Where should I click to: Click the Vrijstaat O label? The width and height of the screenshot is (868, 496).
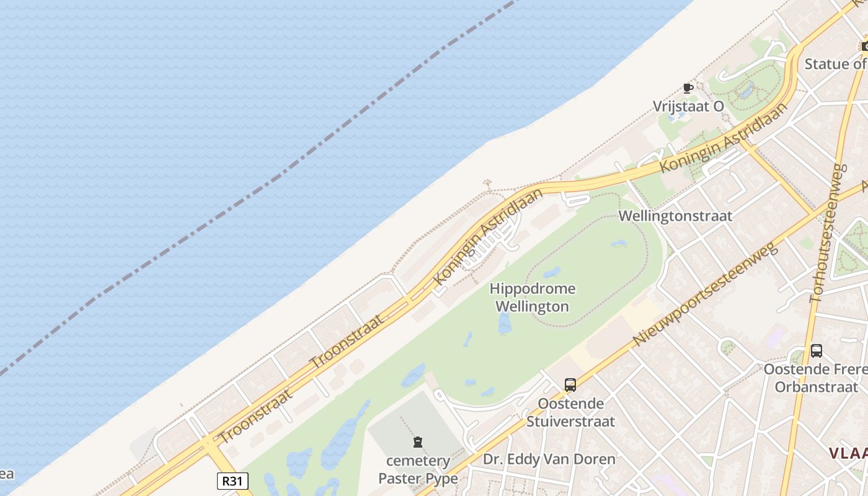[x=688, y=107]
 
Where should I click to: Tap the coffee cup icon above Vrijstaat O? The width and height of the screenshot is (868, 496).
[x=688, y=88]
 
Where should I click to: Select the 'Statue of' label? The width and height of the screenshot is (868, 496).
[x=835, y=64]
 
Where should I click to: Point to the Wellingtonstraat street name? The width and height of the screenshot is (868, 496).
[x=676, y=216]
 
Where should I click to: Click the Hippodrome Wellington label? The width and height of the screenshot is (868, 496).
[x=533, y=298]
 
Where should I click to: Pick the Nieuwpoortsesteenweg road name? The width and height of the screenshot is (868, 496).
[x=705, y=294]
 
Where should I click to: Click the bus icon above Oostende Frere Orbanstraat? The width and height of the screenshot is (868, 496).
[x=817, y=351]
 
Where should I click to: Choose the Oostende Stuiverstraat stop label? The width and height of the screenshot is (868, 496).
[x=570, y=412]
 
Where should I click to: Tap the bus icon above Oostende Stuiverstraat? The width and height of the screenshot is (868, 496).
[x=570, y=384]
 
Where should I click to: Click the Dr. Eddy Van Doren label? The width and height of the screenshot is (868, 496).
[x=549, y=459]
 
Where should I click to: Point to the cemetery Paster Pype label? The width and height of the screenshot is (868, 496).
[x=418, y=469]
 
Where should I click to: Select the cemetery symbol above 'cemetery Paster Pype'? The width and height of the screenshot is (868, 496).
[x=418, y=442]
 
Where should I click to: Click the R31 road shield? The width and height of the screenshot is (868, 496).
[x=233, y=480]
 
